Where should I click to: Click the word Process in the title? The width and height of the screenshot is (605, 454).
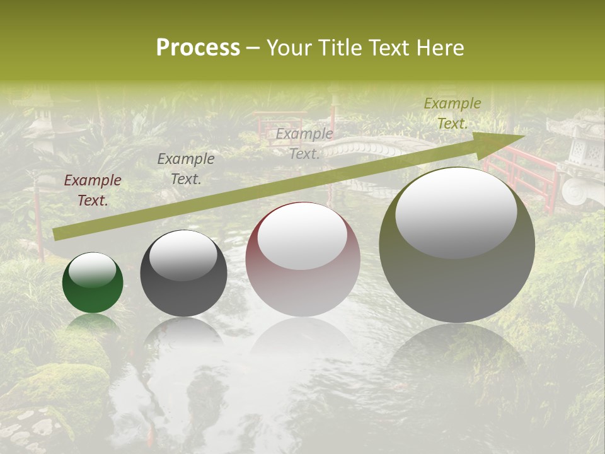pos(198,48)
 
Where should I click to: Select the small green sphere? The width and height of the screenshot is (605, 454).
pos(93,282)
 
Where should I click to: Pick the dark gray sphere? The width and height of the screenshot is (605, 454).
pos(183,273)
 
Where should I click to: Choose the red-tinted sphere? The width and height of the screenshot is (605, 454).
pos(302,259)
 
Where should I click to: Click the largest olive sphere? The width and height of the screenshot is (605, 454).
pos(457,245)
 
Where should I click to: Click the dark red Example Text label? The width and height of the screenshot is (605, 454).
pos(93,190)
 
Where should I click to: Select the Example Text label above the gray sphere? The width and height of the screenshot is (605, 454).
pos(186,169)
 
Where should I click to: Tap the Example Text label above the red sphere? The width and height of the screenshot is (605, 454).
pos(304,144)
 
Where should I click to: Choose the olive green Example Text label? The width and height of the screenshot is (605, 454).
pos(452,113)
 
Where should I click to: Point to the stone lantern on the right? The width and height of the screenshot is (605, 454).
pos(580,158)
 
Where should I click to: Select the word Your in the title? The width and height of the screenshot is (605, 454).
pos(289,48)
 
